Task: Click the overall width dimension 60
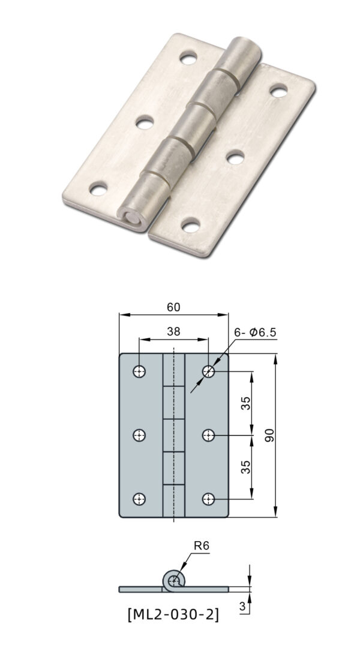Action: tap(173, 307)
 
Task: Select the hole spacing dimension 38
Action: tap(173, 331)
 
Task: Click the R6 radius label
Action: tap(200, 546)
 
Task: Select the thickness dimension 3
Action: tap(243, 607)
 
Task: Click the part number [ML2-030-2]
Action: tap(173, 615)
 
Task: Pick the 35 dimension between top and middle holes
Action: tap(246, 403)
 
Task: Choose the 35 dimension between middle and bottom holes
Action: tap(246, 467)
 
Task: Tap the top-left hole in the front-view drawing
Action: tap(139, 371)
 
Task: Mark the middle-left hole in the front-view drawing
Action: tap(139, 435)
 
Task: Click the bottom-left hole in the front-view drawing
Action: tap(139, 498)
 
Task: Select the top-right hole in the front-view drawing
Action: tap(208, 371)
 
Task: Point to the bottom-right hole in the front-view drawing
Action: tap(208, 498)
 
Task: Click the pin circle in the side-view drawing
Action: tap(174, 580)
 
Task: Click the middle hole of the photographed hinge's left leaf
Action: tap(144, 124)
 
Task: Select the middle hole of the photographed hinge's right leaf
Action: tap(233, 157)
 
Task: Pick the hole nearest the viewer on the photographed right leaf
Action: tap(191, 226)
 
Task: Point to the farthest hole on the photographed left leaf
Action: tap(188, 59)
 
